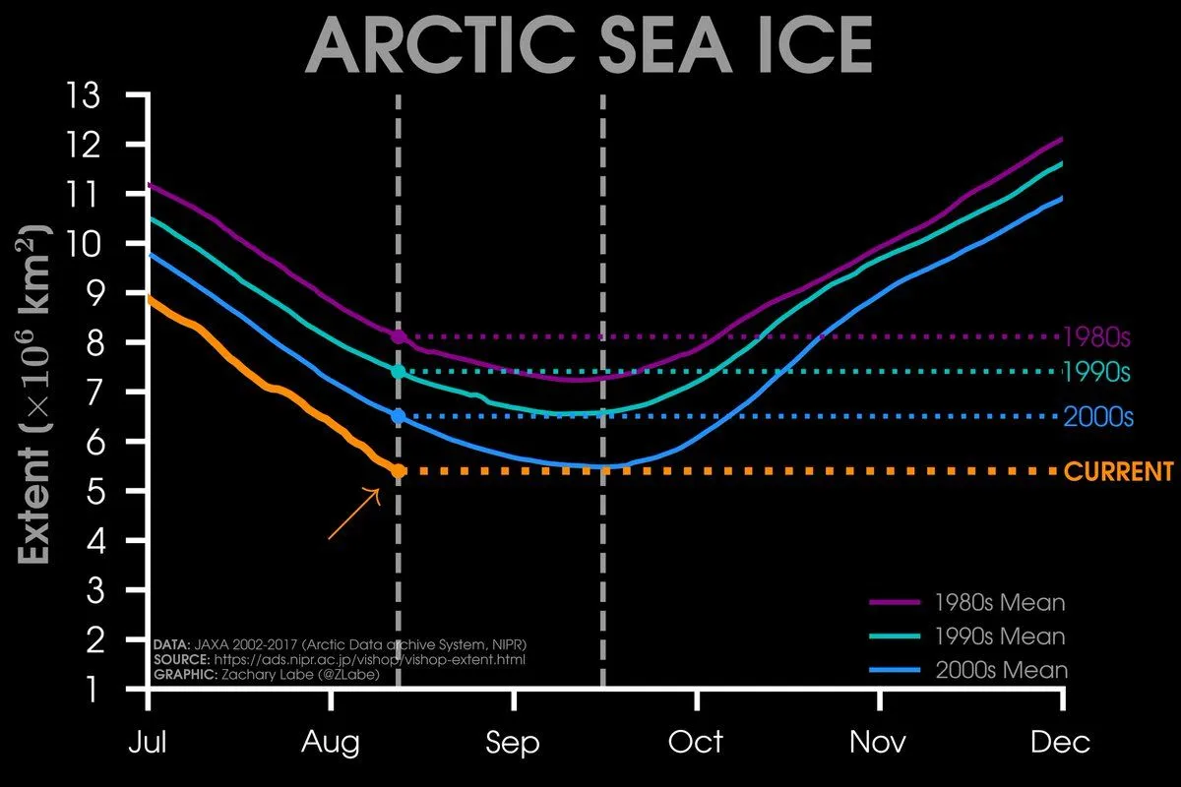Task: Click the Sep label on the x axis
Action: (x=513, y=743)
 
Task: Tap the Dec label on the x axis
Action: (x=1061, y=743)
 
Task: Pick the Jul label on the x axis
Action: (x=148, y=743)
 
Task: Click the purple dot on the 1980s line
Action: (x=399, y=336)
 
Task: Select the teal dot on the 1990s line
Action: (x=399, y=372)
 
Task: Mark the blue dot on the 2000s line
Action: (x=399, y=416)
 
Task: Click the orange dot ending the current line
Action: (x=399, y=471)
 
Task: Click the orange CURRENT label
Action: (x=1119, y=471)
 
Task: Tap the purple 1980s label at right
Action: (x=1096, y=337)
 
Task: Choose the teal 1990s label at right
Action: (x=1096, y=373)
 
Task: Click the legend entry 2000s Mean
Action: (x=1000, y=670)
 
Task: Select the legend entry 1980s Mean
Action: (x=1000, y=601)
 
